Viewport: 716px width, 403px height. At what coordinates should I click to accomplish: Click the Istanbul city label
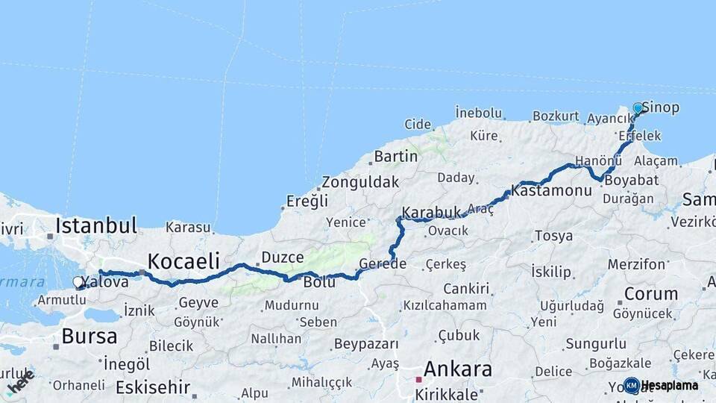coord(96,225)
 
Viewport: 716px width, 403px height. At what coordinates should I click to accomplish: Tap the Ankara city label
coord(458,369)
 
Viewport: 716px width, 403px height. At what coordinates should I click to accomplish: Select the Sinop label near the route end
coord(661,107)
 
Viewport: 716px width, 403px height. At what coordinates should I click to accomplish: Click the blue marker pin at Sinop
coord(638,108)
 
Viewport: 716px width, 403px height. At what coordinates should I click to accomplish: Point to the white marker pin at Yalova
coord(78,282)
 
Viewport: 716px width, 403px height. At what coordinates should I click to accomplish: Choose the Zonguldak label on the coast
coord(360,182)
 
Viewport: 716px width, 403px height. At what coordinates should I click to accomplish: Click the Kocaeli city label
coord(183,260)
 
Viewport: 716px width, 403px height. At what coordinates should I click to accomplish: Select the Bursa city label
coord(89,336)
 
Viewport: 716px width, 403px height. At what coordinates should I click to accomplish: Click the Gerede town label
coord(383,263)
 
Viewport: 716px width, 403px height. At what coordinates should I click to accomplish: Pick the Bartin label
coord(396,156)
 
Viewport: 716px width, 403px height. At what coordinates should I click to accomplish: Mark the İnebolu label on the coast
coord(479,113)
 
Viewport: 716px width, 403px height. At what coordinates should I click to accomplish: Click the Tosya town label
coord(553,236)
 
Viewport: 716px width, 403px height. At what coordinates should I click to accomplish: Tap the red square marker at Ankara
coord(419,380)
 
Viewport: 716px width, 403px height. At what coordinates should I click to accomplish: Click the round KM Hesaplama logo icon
coord(632,385)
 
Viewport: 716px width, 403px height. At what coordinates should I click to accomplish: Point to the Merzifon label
coord(636,264)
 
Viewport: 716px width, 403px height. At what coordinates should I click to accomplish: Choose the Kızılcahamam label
coord(445,305)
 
